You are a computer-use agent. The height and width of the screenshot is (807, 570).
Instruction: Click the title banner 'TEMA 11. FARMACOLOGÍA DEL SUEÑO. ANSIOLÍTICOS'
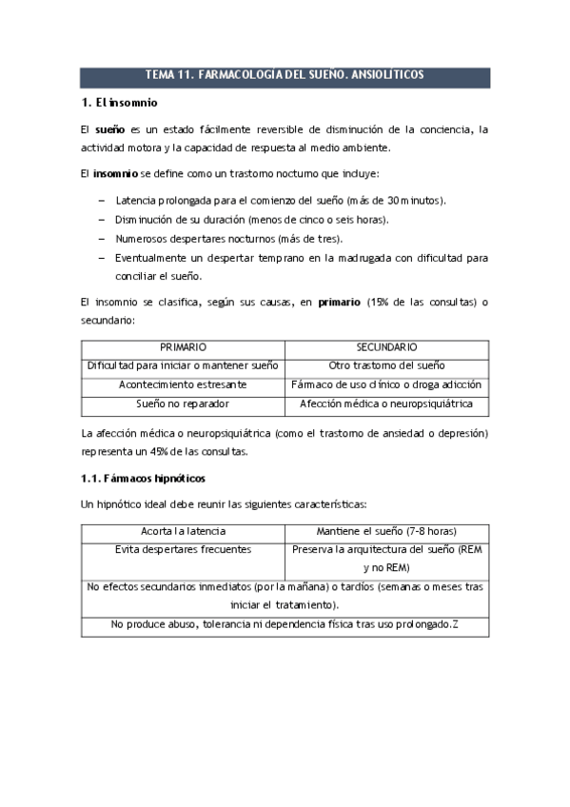click(x=285, y=74)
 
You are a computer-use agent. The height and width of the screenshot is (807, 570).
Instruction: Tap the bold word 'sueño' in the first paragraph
click(x=111, y=130)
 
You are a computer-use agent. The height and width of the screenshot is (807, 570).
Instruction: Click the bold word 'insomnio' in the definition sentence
click(x=114, y=174)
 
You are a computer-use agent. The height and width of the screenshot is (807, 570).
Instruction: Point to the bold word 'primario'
click(x=340, y=303)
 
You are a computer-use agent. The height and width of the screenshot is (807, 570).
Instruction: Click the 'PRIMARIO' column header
click(x=183, y=348)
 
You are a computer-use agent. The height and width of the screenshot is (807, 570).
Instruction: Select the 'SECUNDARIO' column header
click(x=386, y=348)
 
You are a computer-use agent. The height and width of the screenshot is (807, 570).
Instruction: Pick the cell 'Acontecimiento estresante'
click(x=183, y=385)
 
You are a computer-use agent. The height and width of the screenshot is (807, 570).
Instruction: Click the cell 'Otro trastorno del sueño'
click(x=386, y=366)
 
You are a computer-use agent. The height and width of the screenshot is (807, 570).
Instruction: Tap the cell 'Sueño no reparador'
click(x=183, y=404)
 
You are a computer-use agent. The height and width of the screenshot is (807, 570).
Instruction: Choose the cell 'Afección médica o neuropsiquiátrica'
click(x=386, y=404)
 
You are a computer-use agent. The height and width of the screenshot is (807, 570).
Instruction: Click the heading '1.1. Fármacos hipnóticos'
click(x=143, y=478)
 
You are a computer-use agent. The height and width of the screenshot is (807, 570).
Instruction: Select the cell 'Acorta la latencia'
click(x=183, y=532)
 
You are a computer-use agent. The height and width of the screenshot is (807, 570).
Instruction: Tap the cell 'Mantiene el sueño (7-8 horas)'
click(x=386, y=532)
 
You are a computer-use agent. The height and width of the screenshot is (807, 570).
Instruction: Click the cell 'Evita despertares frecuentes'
click(x=183, y=550)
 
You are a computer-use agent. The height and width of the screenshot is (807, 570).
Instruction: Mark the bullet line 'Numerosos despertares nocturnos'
click(x=229, y=239)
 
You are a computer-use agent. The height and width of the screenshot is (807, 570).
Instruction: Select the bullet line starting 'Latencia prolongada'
click(x=281, y=201)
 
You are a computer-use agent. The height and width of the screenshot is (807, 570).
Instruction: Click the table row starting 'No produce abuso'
click(x=285, y=624)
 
